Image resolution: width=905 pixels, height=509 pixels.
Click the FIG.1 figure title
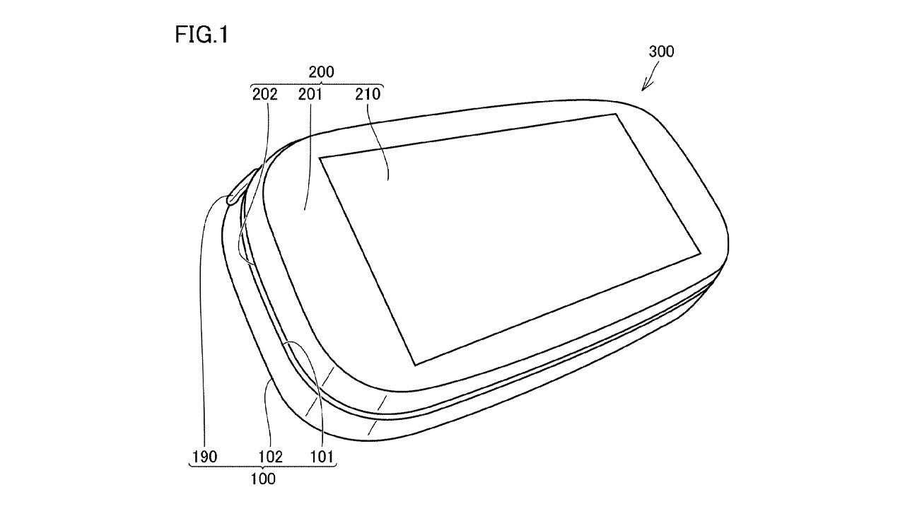(202, 35)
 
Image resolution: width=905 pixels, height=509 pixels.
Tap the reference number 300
(661, 52)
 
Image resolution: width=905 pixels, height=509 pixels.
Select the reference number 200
(321, 72)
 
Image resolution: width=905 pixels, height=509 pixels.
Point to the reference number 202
(265, 95)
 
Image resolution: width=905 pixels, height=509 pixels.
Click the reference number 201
(310, 95)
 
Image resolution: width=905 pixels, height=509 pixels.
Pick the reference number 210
(368, 95)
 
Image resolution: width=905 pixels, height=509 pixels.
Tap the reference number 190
(204, 457)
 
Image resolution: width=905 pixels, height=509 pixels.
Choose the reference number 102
(270, 457)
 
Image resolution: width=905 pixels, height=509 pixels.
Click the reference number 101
(322, 457)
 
